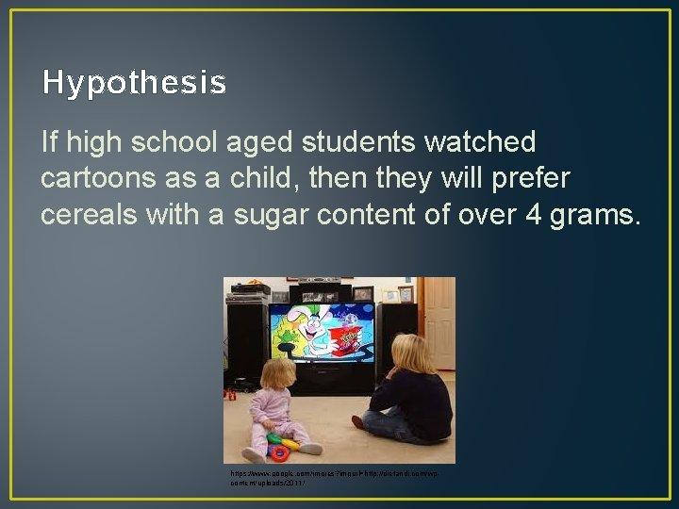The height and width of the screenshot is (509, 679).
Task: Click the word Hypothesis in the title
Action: (134, 84)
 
